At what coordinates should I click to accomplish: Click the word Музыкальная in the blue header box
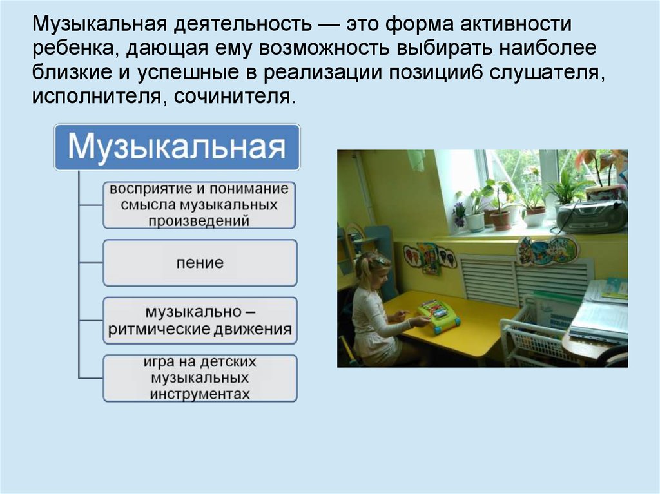177,147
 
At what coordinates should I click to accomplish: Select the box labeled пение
200,263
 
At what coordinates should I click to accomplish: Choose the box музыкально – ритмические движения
200,321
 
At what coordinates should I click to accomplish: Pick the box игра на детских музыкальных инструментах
200,377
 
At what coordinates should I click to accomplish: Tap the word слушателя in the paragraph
547,73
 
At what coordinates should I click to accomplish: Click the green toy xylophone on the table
438,316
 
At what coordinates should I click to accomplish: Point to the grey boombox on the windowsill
592,216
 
